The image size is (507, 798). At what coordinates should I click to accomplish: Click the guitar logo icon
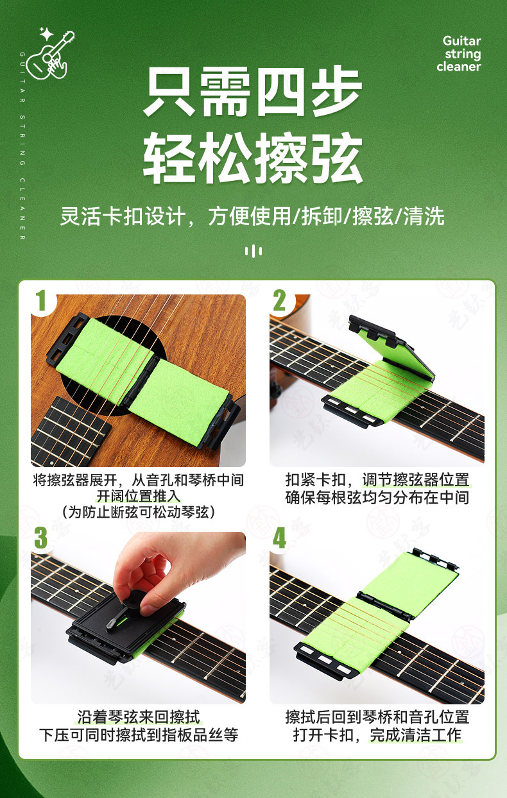[x=51, y=54]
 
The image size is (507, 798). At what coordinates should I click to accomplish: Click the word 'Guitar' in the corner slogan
[x=461, y=40]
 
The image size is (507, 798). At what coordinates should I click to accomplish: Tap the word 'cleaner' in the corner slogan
[x=459, y=66]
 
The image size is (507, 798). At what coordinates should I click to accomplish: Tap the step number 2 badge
[x=280, y=300]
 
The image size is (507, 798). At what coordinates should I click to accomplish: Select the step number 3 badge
[x=40, y=538]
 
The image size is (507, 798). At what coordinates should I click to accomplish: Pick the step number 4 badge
[x=279, y=538]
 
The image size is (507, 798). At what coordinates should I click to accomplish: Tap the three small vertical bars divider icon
[x=253, y=251]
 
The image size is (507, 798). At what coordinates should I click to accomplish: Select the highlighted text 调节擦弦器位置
[x=416, y=480]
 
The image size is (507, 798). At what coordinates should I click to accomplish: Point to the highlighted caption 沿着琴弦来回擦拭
[x=139, y=717]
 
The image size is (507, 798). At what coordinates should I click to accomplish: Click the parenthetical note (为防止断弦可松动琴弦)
[x=139, y=513]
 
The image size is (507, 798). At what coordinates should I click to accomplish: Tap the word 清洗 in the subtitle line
[x=424, y=216]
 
